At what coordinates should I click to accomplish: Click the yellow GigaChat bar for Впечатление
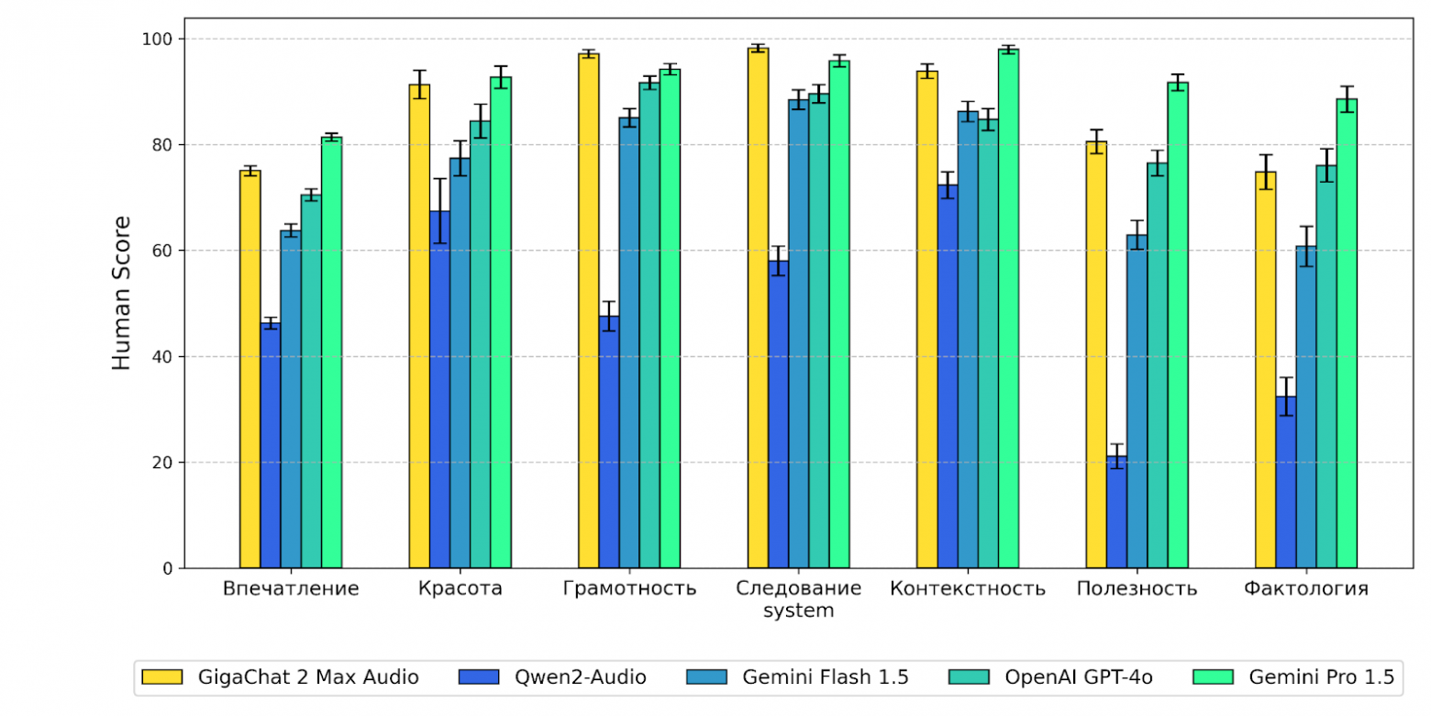(250, 367)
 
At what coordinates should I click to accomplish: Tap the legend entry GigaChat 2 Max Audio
(281, 677)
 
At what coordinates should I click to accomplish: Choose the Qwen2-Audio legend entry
(550, 677)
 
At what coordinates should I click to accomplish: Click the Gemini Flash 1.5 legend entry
(797, 677)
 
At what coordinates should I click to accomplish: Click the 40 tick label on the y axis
(162, 356)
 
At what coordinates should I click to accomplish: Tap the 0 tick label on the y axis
(167, 568)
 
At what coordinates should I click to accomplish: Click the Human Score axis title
(122, 292)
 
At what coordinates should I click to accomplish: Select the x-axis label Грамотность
(629, 588)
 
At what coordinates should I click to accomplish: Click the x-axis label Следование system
(799, 599)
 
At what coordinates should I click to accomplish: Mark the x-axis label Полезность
(1137, 588)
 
